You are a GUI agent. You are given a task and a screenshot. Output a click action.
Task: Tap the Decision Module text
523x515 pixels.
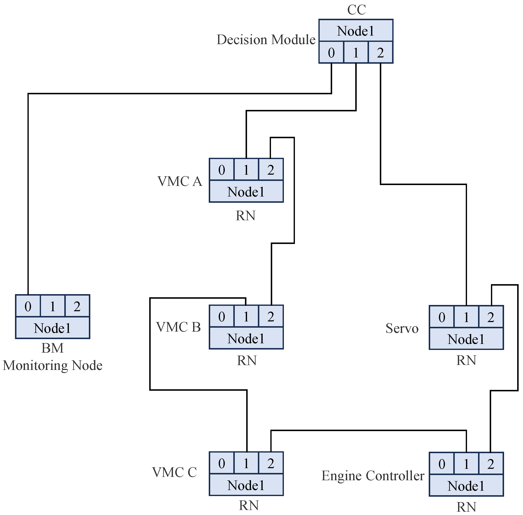point(266,40)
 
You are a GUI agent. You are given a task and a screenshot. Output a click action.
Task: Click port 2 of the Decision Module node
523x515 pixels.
point(380,53)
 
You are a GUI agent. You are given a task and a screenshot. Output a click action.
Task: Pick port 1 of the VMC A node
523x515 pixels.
point(246,170)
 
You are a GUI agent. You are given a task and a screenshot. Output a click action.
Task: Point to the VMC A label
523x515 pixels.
point(180,181)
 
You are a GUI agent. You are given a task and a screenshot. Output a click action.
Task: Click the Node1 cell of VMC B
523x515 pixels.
point(246,339)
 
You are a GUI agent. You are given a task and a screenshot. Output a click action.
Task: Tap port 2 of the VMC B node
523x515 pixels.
point(271,316)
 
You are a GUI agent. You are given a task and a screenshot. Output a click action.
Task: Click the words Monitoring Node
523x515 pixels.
point(52,365)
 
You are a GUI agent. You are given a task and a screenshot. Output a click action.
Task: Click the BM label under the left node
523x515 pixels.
point(52,348)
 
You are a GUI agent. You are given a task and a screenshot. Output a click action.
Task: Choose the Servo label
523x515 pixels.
point(402,328)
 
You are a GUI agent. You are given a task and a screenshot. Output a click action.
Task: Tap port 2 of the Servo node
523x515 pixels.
point(491,317)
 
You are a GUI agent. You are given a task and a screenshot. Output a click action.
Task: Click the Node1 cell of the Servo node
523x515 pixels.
point(466,339)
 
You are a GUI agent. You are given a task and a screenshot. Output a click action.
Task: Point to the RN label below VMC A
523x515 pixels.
point(246,216)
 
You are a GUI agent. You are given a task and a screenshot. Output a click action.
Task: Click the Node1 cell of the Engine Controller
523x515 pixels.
point(466,486)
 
